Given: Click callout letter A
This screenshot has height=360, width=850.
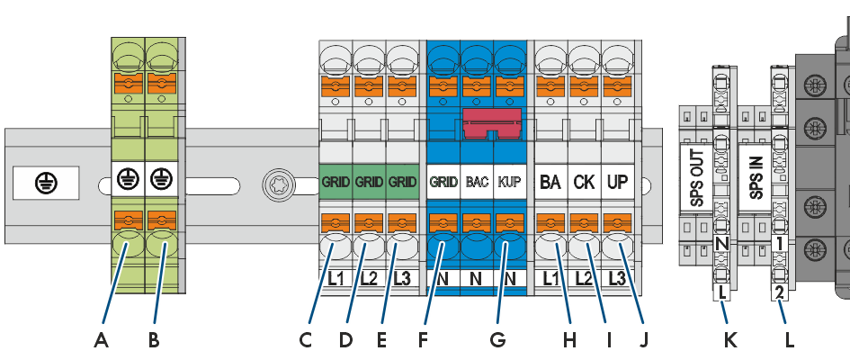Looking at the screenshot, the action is [x=100, y=340].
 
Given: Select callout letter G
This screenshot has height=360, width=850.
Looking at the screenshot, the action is [x=497, y=340].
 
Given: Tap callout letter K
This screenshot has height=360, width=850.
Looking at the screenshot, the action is [x=730, y=340].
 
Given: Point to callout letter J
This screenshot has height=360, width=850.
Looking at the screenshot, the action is [x=643, y=340].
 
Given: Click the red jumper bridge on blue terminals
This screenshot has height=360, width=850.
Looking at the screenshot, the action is [x=492, y=122].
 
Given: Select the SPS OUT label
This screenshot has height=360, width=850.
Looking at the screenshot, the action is [x=697, y=177].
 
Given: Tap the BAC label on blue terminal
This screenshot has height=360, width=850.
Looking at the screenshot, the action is [x=477, y=182].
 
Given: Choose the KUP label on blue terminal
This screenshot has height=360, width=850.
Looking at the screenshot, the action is [x=510, y=182].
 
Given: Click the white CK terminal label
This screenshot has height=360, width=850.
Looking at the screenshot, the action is [x=585, y=182].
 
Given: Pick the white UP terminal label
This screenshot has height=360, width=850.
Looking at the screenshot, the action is [x=618, y=182].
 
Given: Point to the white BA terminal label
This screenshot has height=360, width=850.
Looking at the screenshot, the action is [x=550, y=182].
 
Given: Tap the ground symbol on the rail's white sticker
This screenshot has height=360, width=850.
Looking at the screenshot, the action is [x=45, y=184].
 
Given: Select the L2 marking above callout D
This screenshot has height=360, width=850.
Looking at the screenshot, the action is [x=369, y=279].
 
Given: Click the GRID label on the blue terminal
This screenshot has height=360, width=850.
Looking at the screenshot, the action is [x=443, y=182].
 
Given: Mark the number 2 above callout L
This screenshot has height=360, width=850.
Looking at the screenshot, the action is [x=780, y=293].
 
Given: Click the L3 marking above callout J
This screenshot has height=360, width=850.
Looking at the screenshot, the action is [x=618, y=279].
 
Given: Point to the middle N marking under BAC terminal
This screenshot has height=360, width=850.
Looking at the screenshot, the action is [x=476, y=279].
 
